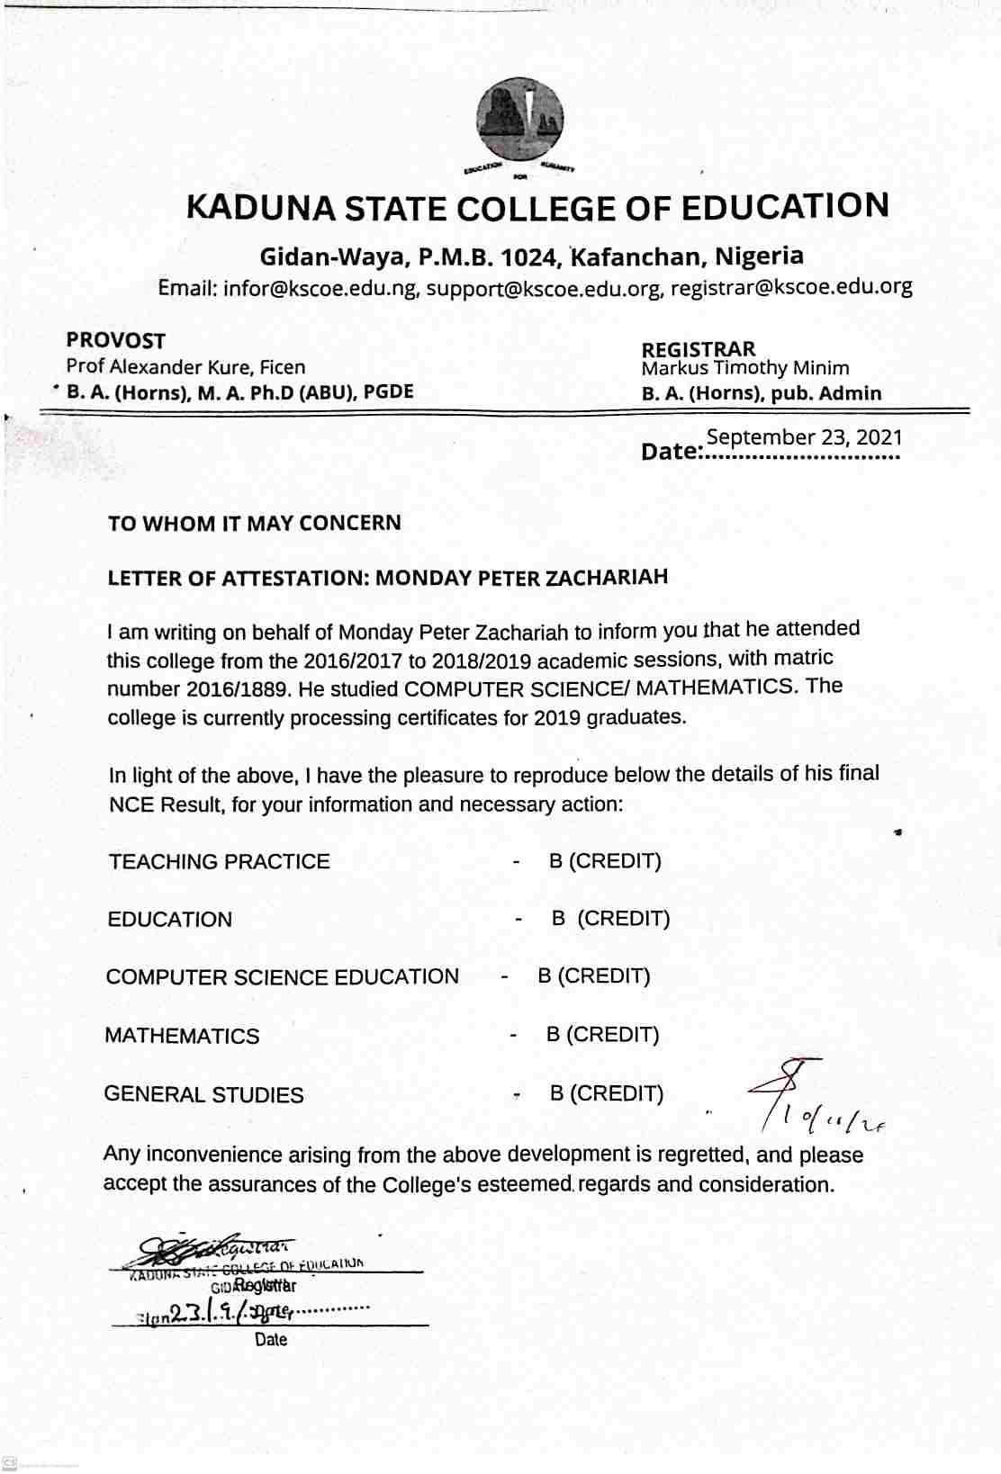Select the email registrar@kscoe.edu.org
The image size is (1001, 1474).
pyautogui.click(x=791, y=287)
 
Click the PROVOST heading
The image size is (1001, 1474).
pyautogui.click(x=115, y=341)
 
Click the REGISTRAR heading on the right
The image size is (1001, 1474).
pyautogui.click(x=698, y=349)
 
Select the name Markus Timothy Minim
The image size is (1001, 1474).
pyautogui.click(x=744, y=368)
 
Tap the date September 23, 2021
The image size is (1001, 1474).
pyautogui.click(x=804, y=437)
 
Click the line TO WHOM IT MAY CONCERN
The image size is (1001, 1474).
pyautogui.click(x=255, y=524)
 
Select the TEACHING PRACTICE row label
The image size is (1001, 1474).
pyautogui.click(x=220, y=862)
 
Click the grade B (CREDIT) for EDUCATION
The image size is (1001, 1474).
pyautogui.click(x=610, y=919)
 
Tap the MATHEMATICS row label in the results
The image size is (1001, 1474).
pyautogui.click(x=182, y=1036)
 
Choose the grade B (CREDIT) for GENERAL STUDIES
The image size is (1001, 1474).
pyautogui.click(x=606, y=1094)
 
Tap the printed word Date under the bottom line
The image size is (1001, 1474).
pyautogui.click(x=271, y=1340)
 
